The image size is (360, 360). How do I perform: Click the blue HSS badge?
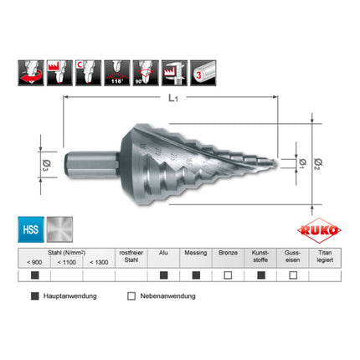coord(29,229)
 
